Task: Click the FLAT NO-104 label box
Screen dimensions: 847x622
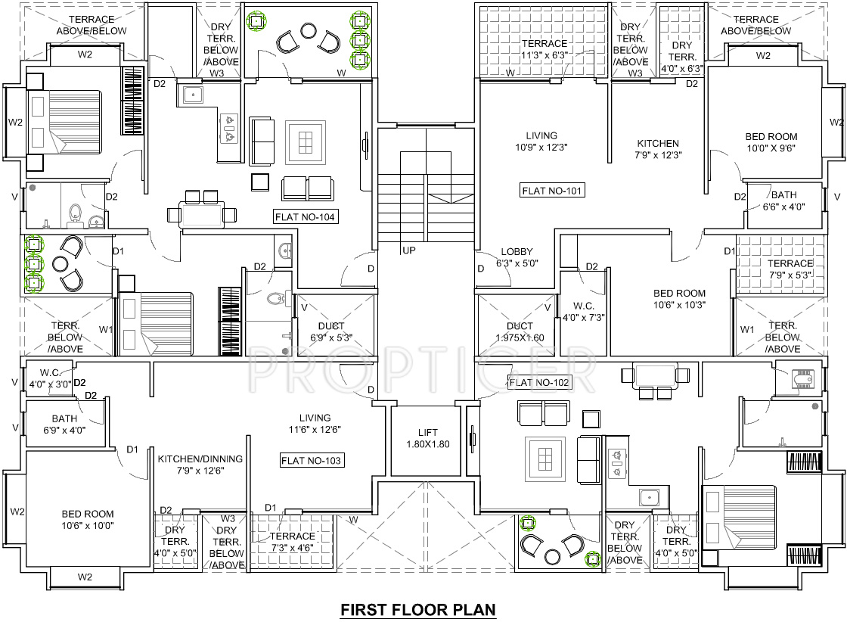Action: (x=306, y=217)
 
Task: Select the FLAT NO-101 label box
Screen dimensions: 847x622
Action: (x=552, y=191)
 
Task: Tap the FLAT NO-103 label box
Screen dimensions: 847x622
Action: (x=312, y=461)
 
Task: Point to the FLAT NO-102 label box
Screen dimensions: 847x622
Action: (x=538, y=383)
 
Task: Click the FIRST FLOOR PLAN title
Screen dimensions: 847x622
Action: (x=418, y=610)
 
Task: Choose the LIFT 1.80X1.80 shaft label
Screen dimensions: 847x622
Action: (x=428, y=438)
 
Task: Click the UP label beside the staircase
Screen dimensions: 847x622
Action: (x=409, y=250)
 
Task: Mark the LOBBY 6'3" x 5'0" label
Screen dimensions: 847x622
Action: (x=517, y=258)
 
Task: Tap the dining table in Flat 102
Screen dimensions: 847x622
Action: (x=656, y=375)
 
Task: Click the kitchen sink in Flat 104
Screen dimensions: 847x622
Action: (x=193, y=95)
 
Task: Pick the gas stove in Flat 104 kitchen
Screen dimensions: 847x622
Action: (x=230, y=129)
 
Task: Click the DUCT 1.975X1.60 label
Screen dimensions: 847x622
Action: (x=520, y=332)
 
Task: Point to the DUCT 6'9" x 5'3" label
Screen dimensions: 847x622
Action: (x=331, y=332)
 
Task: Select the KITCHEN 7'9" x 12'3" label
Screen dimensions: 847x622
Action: (x=658, y=149)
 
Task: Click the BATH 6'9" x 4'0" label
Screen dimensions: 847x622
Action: (x=64, y=425)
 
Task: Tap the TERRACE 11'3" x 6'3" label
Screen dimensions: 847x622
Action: (x=544, y=49)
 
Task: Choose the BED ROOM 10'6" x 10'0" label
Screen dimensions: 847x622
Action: (x=88, y=520)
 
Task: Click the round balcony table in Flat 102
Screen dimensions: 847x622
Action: (x=552, y=557)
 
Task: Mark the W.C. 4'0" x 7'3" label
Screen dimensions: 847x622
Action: (x=583, y=312)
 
